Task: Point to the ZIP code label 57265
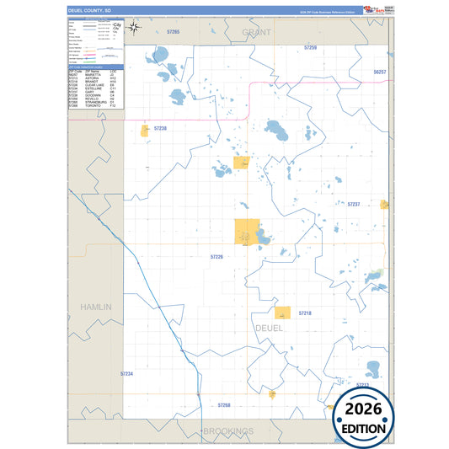[x=174, y=31]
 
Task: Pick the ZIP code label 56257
[x=379, y=72]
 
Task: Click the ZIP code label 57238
[x=160, y=128]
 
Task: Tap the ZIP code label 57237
[x=354, y=204]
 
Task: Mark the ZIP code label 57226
[x=216, y=256]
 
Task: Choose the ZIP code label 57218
[x=304, y=313]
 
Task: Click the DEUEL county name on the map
[x=268, y=327]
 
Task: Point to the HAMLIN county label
[x=96, y=307]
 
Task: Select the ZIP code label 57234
[x=126, y=373]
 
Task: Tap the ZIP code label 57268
[x=224, y=404]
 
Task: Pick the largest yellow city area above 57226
[x=247, y=233]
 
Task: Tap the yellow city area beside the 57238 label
[x=144, y=131]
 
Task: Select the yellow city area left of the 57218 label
[x=283, y=313]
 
